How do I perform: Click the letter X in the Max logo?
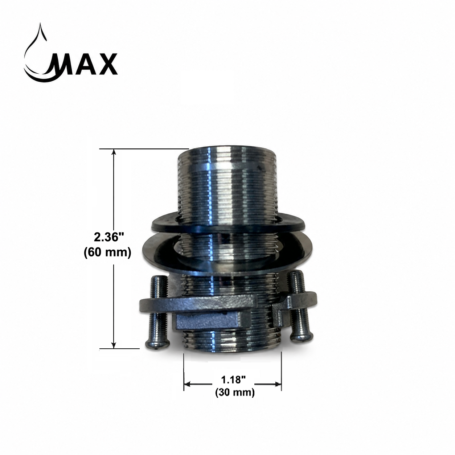[106, 64]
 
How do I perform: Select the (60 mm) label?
[108, 253]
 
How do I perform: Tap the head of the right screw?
[302, 340]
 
